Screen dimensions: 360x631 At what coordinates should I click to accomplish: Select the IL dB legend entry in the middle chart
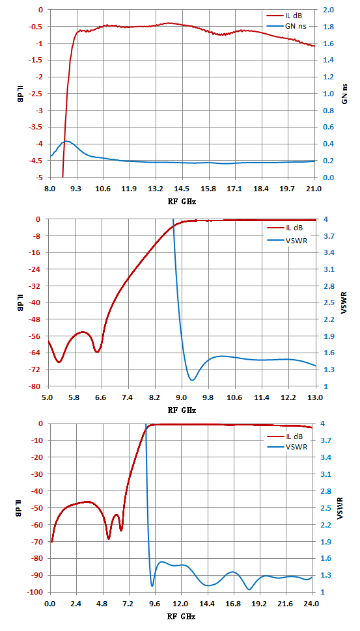pos(285,228)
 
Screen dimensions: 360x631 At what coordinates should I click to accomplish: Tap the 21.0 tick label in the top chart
pos(314,189)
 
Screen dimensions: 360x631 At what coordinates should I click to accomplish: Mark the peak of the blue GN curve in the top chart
pos(66,141)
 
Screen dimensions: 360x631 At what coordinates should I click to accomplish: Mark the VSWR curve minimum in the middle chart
pos(193,380)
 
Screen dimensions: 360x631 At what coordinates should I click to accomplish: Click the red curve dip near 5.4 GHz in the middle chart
pos(59,362)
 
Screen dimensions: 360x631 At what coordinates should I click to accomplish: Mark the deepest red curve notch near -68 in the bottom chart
pos(108,539)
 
